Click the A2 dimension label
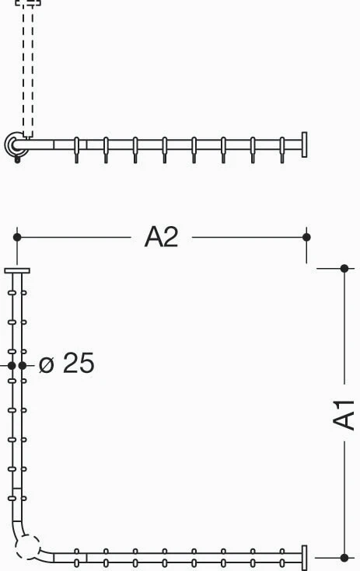[x=161, y=237]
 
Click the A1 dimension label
[x=344, y=415]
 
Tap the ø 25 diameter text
[x=67, y=363]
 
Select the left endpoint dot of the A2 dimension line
[x=17, y=237]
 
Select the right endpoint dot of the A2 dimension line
[x=306, y=237]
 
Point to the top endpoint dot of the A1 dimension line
[x=344, y=269]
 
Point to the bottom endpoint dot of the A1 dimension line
[x=344, y=558]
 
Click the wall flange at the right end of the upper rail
[x=304, y=144]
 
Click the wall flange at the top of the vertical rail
[x=17, y=270]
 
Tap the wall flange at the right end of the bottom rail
[x=304, y=558]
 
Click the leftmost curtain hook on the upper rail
[x=76, y=150]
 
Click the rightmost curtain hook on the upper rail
[x=282, y=150]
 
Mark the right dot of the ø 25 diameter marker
[x=23, y=365]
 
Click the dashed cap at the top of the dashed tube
[x=28, y=2]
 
